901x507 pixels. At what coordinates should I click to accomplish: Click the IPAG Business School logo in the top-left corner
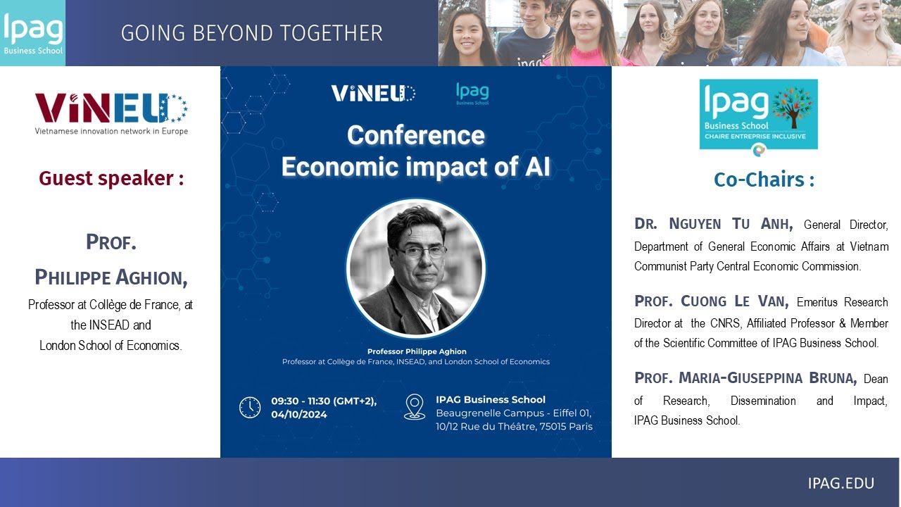[x=32, y=33]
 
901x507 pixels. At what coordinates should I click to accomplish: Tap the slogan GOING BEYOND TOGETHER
[x=252, y=33]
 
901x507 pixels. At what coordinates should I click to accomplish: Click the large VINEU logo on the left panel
[x=111, y=109]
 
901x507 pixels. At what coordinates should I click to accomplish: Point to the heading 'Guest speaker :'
[x=111, y=179]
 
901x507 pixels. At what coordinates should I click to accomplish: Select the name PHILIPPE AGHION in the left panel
[x=111, y=277]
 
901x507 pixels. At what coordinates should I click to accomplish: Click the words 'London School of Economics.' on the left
[x=111, y=345]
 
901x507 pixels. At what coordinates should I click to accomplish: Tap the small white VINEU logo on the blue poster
[x=373, y=93]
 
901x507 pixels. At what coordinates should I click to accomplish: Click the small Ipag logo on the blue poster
[x=472, y=94]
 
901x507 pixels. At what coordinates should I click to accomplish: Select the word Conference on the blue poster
[x=415, y=134]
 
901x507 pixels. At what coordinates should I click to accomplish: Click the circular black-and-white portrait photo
[x=415, y=268]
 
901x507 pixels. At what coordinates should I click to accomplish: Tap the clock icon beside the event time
[x=250, y=407]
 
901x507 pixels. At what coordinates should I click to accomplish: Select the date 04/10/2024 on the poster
[x=298, y=415]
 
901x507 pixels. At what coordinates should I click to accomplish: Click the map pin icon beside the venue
[x=415, y=406]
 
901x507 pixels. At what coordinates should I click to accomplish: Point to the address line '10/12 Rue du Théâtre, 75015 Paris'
[x=514, y=426]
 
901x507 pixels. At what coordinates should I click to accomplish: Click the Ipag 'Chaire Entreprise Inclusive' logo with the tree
[x=758, y=114]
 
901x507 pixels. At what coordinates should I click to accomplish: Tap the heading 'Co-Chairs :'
[x=764, y=180]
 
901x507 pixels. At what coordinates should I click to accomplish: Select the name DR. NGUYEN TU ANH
[x=713, y=225]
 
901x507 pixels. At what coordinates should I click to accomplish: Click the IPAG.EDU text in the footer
[x=840, y=483]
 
